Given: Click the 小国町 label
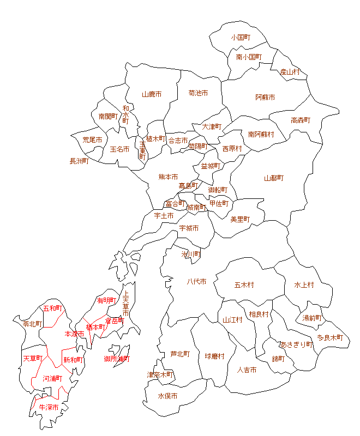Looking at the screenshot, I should pyautogui.click(x=240, y=38).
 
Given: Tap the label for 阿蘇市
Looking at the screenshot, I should pyautogui.click(x=265, y=98).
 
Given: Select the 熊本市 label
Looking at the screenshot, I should pyautogui.click(x=168, y=177).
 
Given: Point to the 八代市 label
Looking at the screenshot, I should pyautogui.click(x=196, y=282).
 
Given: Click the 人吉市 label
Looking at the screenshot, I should pyautogui.click(x=247, y=370).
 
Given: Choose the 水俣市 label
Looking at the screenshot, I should pyautogui.click(x=167, y=396).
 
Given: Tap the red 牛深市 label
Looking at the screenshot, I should pyautogui.click(x=48, y=407).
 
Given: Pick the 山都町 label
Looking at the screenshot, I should pyautogui.click(x=274, y=178).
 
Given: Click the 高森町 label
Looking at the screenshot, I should pyautogui.click(x=301, y=120).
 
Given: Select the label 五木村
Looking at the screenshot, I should pyautogui.click(x=244, y=285).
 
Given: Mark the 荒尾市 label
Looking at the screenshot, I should pyautogui.click(x=92, y=140).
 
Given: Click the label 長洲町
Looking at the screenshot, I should pyautogui.click(x=79, y=161).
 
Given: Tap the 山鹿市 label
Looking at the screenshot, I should pyautogui.click(x=152, y=94).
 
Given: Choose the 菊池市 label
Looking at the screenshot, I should pyautogui.click(x=198, y=93).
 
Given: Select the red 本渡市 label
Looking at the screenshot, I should pyautogui.click(x=74, y=334).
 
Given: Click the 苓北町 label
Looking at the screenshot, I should pyautogui.click(x=32, y=324).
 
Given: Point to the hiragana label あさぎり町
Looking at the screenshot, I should pyautogui.click(x=296, y=344).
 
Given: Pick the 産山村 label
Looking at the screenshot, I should pyautogui.click(x=290, y=72).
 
